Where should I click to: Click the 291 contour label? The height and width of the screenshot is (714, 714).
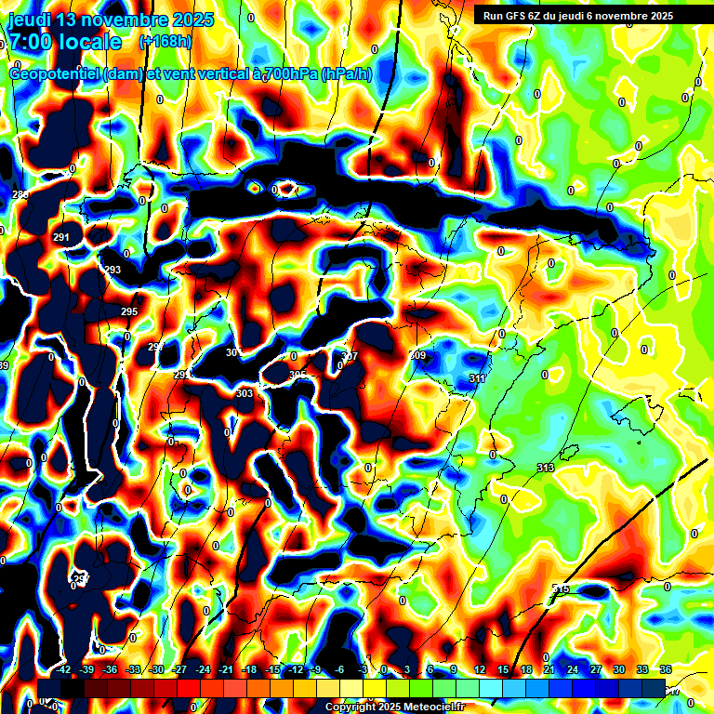61,238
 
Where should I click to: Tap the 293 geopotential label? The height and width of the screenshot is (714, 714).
112,270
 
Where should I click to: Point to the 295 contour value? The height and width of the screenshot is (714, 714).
129,311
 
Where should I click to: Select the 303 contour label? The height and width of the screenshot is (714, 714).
245,394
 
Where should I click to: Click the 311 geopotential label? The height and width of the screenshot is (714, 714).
477,378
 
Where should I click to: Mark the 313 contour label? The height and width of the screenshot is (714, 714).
546,468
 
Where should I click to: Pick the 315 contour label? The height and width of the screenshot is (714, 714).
561,589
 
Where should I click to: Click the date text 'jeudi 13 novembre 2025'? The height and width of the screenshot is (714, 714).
111,20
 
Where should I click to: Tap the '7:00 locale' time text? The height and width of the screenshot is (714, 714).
65,42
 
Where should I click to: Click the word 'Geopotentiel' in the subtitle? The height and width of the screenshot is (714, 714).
55,74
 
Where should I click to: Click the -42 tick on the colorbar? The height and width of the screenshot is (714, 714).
64,669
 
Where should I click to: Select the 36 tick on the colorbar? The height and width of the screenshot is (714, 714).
666,669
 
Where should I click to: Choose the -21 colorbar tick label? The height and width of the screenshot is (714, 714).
226,669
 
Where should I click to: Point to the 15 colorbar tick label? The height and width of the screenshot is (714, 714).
503,669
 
